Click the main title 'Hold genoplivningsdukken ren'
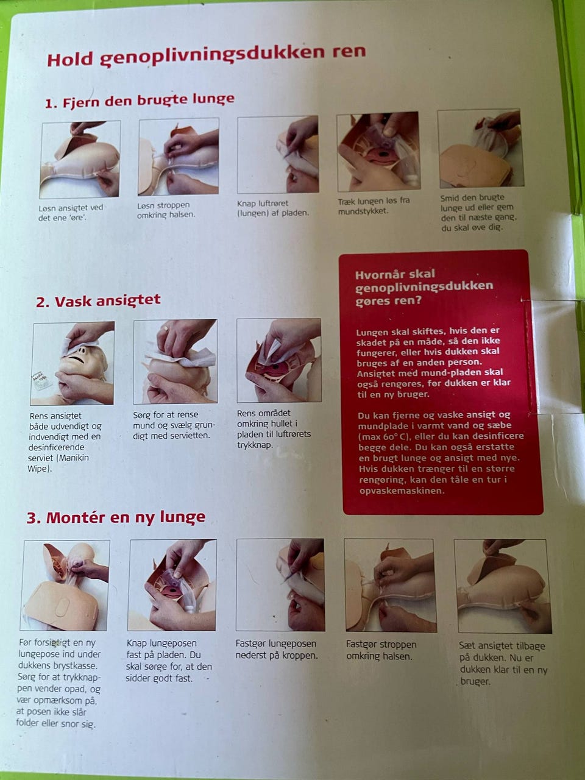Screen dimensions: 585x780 (x=207, y=56)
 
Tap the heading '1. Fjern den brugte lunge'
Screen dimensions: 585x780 (x=140, y=101)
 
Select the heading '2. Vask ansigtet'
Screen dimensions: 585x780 (x=98, y=301)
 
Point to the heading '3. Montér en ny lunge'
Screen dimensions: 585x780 (x=116, y=517)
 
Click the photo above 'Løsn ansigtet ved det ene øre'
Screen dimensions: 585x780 (x=80, y=160)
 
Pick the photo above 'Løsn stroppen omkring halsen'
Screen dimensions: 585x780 (x=179, y=157)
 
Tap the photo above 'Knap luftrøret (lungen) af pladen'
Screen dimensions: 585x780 (x=278, y=154)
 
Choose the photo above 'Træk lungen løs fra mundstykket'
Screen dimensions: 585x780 (x=378, y=152)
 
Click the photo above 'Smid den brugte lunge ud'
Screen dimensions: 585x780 (x=480, y=149)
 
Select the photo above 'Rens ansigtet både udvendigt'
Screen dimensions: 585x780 (x=73, y=364)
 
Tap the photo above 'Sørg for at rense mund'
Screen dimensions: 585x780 (x=175, y=361)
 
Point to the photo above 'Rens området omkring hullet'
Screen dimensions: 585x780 (x=279, y=360)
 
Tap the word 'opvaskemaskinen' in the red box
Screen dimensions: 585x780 (x=402, y=491)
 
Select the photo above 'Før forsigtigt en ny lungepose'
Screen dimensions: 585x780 (x=65, y=585)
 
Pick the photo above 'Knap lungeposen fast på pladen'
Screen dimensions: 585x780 (x=172, y=585)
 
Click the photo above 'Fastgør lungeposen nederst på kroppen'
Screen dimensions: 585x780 (x=280, y=585)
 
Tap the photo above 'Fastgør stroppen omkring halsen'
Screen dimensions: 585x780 (x=391, y=586)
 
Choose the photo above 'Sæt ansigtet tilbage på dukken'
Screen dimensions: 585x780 (x=502, y=586)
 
